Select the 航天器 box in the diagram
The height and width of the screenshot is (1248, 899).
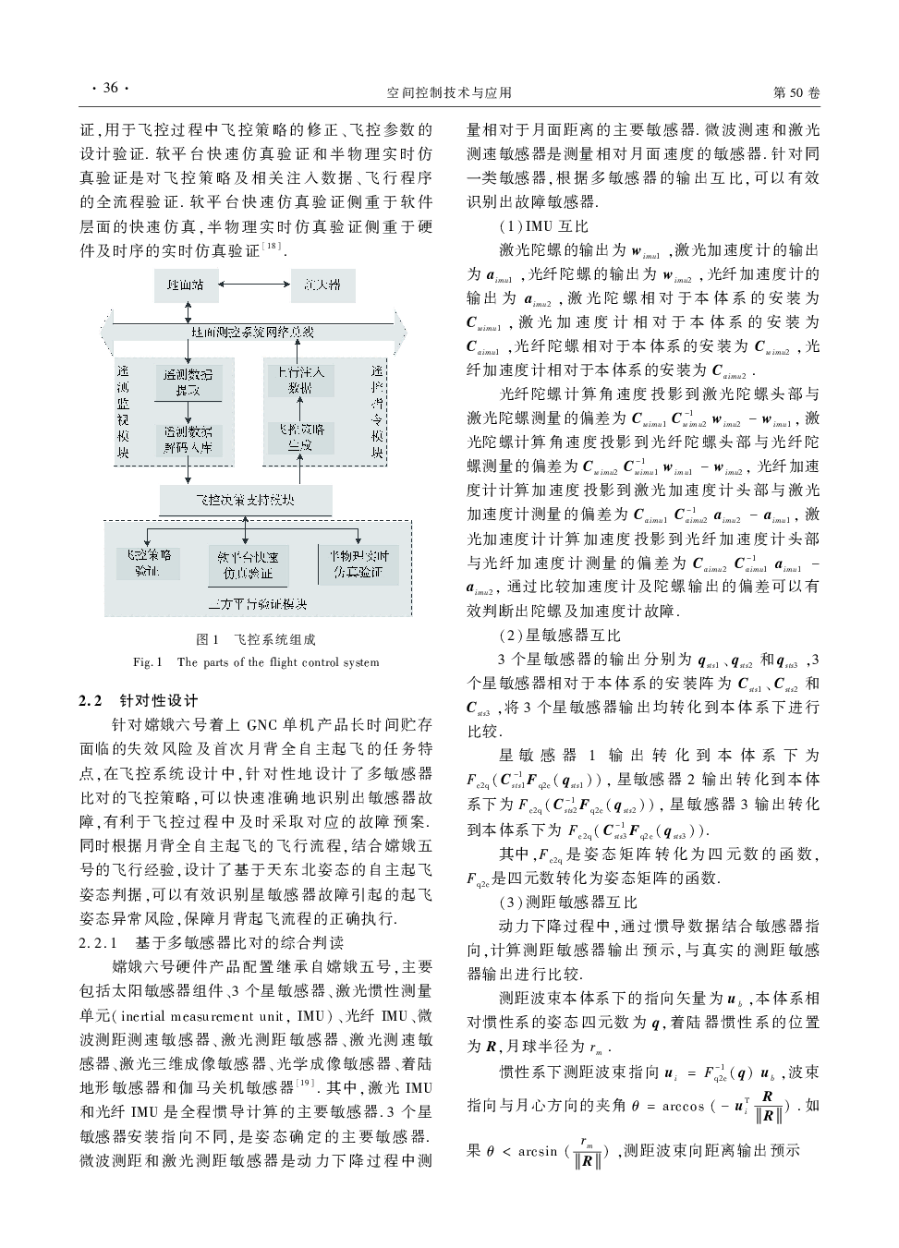(322, 285)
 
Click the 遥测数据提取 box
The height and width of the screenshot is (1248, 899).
(188, 382)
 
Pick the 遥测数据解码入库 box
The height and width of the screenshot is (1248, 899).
(188, 439)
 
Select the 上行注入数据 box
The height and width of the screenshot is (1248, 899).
(301, 380)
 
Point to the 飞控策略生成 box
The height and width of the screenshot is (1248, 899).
(301, 437)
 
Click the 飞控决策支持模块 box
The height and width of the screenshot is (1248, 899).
(245, 500)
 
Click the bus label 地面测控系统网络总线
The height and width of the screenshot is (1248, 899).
(252, 332)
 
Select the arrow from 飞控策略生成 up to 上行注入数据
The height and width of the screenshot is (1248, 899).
(301, 408)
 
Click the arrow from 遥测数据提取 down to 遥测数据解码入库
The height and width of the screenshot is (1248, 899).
(188, 410)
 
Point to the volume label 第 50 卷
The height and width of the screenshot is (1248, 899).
(796, 92)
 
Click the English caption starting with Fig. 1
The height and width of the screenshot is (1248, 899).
(256, 661)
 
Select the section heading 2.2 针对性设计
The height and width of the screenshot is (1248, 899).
(139, 700)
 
